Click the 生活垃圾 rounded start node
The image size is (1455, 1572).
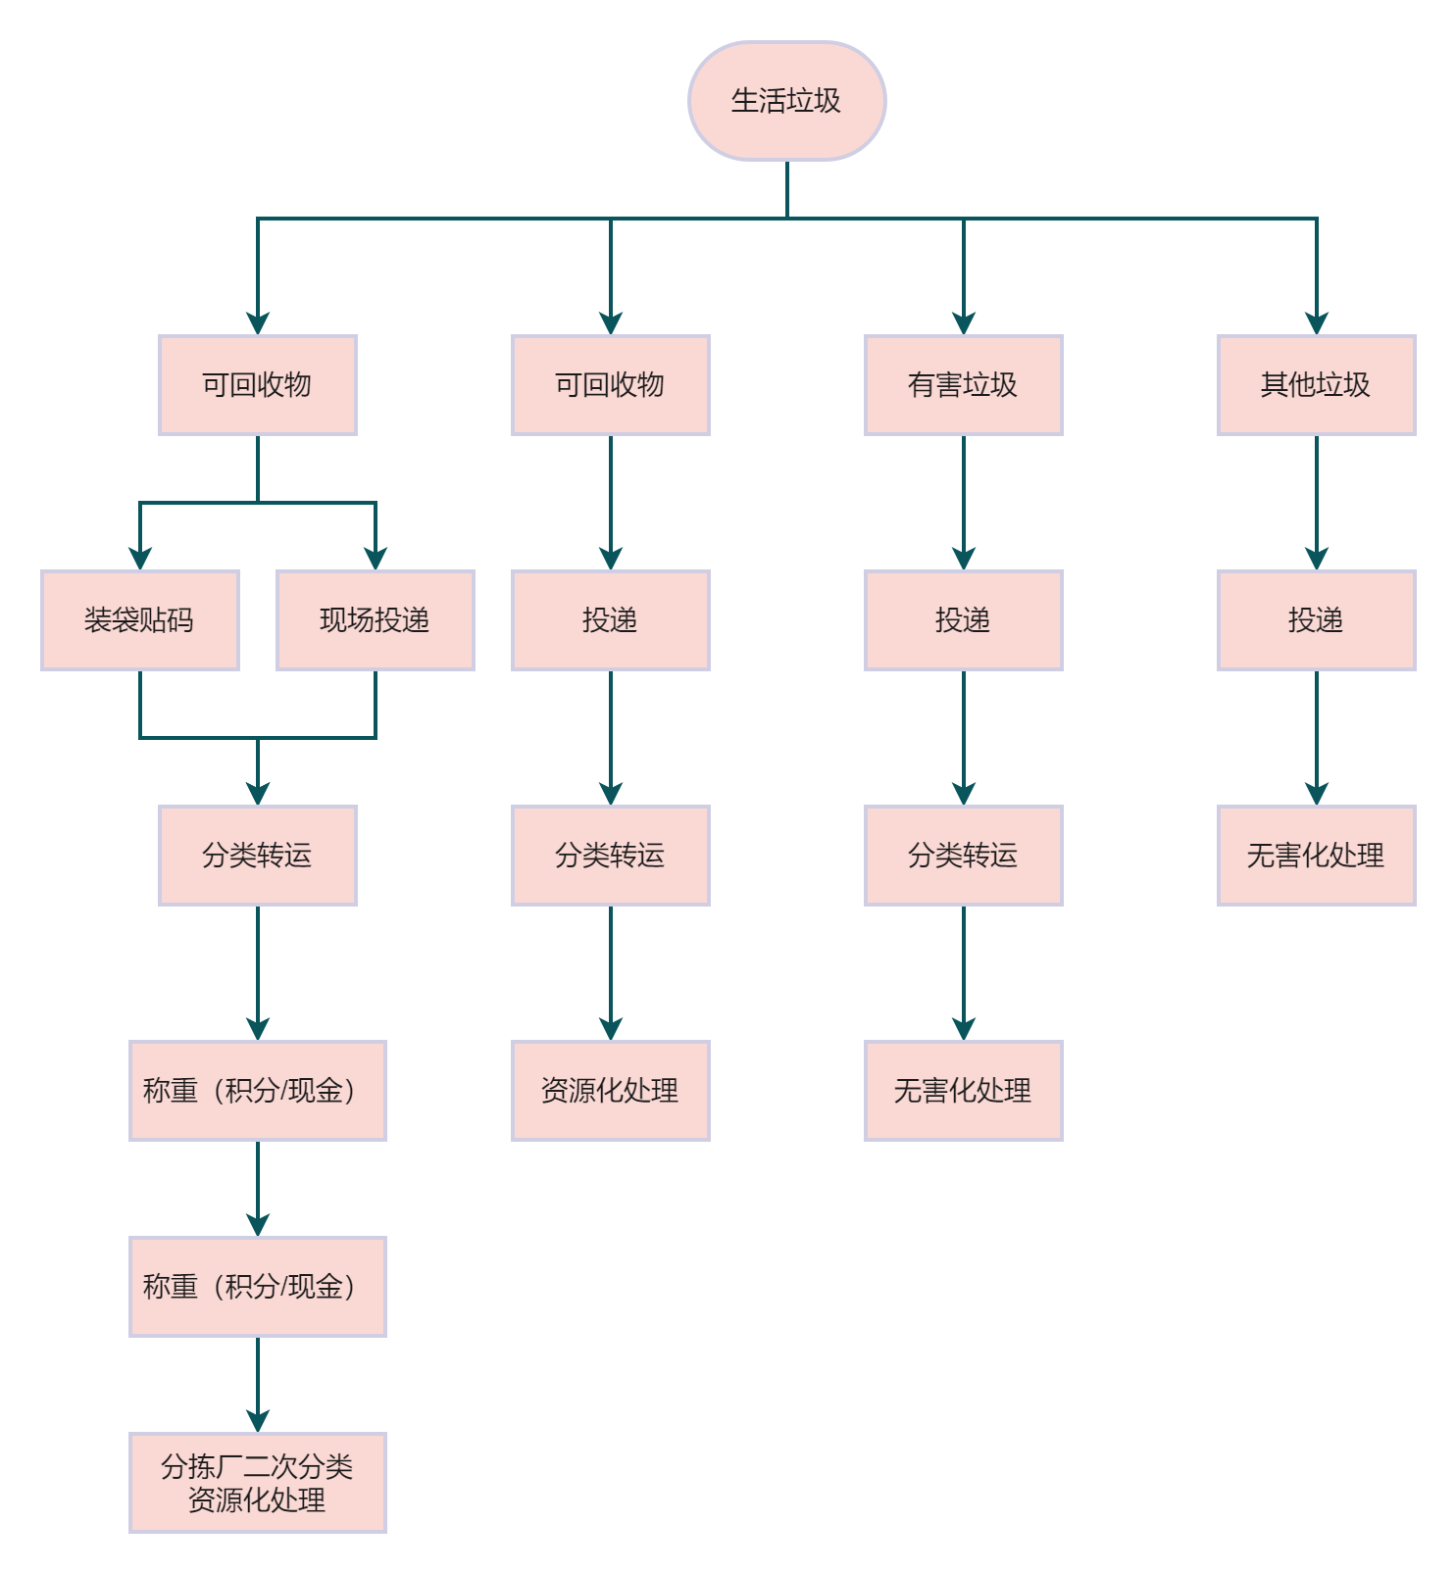click(x=786, y=101)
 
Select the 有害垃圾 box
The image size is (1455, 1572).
click(x=963, y=385)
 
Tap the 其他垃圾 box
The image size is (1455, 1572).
click(x=1316, y=385)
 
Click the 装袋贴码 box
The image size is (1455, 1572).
click(x=139, y=620)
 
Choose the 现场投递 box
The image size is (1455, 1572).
click(x=375, y=620)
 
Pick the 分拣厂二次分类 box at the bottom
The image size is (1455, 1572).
click(x=257, y=1482)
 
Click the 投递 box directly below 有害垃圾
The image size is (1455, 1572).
click(x=963, y=620)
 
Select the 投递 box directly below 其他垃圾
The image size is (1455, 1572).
click(x=1316, y=620)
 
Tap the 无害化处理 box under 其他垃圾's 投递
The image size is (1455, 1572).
click(x=1316, y=856)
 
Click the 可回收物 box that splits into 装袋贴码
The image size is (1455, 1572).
click(x=257, y=385)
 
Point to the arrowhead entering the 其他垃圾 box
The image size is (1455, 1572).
click(x=1316, y=324)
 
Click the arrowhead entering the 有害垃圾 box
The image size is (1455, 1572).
click(x=963, y=324)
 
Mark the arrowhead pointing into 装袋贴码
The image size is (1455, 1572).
click(x=139, y=560)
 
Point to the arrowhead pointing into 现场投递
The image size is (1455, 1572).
click(x=375, y=560)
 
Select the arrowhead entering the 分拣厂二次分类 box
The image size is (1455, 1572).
click(x=257, y=1422)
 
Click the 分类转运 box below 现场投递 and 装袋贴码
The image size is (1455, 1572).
click(x=257, y=856)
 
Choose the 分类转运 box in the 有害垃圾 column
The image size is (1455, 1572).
click(x=963, y=856)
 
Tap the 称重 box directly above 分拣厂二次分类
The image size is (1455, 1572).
click(x=257, y=1286)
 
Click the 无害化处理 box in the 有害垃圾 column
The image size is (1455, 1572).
click(x=963, y=1090)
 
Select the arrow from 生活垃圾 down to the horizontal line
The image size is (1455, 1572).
click(x=786, y=189)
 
